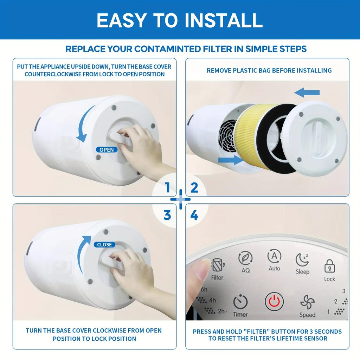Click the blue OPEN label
(x=107, y=149)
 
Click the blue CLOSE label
(x=104, y=244)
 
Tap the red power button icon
(x=274, y=301)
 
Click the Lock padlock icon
(x=329, y=266)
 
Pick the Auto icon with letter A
(x=274, y=256)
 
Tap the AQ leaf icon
(x=245, y=258)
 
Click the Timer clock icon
(x=240, y=302)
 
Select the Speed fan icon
(x=307, y=302)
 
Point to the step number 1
(x=168, y=188)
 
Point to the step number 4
(x=194, y=215)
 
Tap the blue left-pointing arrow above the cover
(x=307, y=93)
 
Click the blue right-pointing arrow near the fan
(x=231, y=160)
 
